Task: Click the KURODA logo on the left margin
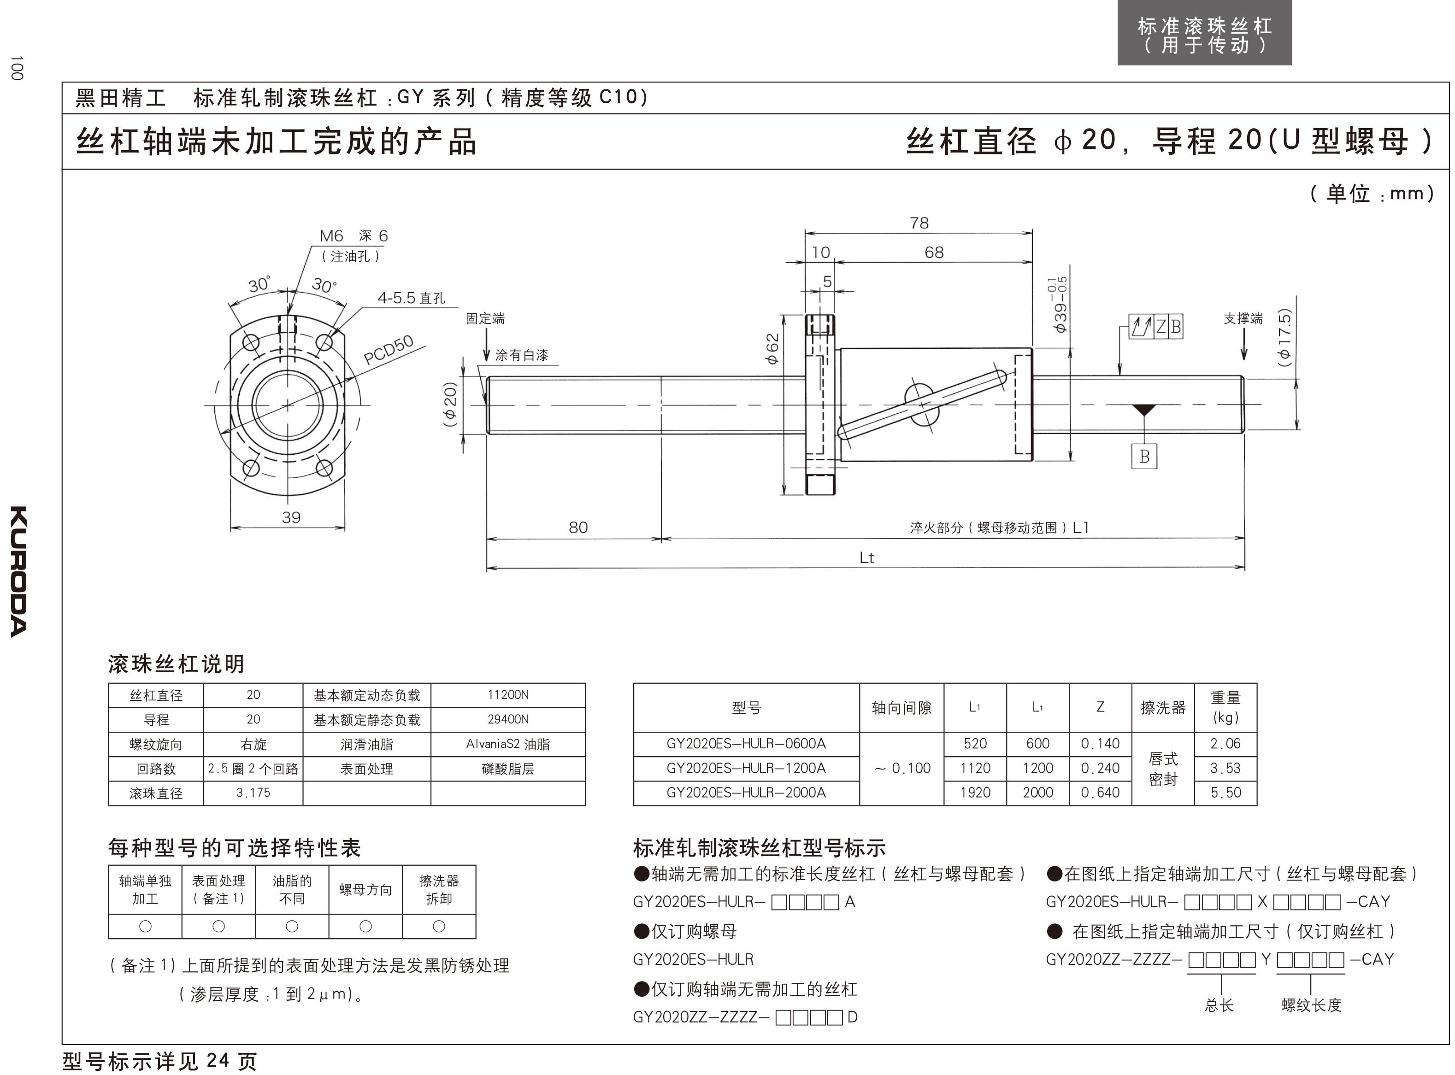tap(19, 571)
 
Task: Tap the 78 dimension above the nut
tap(919, 223)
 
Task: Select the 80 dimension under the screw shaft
tap(578, 527)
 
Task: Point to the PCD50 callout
tap(389, 350)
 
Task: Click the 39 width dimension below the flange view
tap(291, 517)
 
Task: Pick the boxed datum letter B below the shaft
tap(1144, 457)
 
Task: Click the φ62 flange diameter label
tap(772, 349)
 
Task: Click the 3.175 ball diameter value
tap(253, 793)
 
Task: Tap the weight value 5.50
tap(1225, 793)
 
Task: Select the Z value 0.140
tap(1100, 744)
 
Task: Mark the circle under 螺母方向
tap(365, 926)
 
